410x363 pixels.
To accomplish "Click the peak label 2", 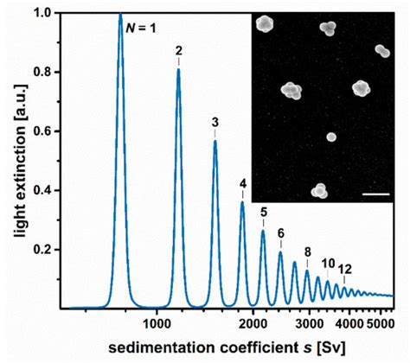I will [178, 51].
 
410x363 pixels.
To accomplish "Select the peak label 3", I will [215, 122].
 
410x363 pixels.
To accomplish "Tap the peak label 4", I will [243, 183].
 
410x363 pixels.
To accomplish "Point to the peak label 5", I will [264, 213].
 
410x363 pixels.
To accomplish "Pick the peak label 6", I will [280, 233].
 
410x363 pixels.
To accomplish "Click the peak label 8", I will [307, 252].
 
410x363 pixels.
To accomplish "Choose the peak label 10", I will [329, 264].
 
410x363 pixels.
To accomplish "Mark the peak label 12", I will [346, 269].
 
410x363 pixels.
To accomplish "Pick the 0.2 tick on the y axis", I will [48, 250].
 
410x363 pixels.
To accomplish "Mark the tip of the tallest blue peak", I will [120, 15].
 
